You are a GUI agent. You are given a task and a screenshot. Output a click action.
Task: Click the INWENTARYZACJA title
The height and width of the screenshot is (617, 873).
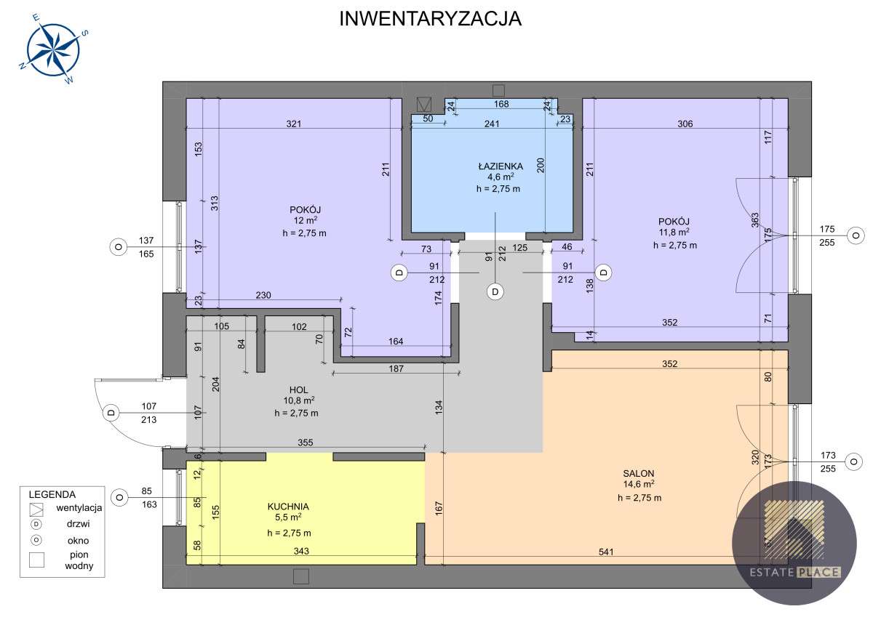[431, 20]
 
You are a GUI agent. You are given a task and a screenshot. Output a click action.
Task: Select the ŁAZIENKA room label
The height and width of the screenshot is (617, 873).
[495, 166]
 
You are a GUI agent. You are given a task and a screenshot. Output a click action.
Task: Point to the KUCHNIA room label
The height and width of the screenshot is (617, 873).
[288, 507]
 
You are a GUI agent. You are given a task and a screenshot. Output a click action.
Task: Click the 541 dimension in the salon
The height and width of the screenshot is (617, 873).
[605, 552]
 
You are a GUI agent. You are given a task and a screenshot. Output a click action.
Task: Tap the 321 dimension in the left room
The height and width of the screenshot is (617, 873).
[293, 124]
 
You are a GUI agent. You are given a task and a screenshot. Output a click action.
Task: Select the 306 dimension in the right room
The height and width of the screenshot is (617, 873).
[685, 124]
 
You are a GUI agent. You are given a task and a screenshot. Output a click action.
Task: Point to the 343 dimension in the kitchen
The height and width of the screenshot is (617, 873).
[302, 552]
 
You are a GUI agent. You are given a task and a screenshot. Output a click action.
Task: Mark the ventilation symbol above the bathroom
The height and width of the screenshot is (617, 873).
[423, 105]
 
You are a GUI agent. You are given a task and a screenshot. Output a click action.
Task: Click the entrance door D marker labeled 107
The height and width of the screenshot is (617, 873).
[111, 412]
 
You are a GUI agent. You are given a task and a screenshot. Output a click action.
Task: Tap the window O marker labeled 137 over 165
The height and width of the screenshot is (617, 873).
[117, 247]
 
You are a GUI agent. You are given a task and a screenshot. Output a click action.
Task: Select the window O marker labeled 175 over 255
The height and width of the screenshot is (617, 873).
[856, 235]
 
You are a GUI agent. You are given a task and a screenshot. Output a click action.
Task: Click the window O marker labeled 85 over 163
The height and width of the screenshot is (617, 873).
[117, 497]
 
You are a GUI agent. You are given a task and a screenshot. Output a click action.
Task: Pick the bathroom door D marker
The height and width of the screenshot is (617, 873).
[495, 291]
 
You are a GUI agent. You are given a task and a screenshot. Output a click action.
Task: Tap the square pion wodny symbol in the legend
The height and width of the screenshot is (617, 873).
[37, 560]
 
